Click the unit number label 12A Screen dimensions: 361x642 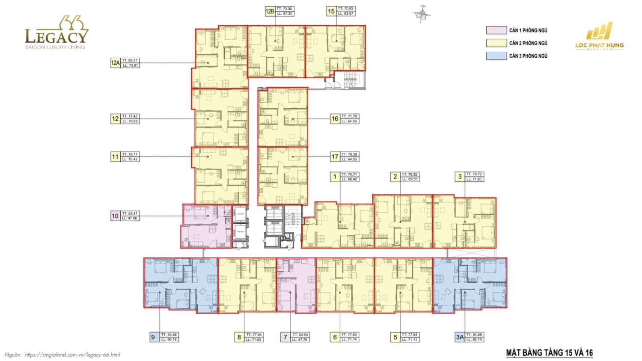click(x=115, y=63)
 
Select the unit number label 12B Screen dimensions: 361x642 click(x=270, y=12)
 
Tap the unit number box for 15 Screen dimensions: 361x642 click(x=331, y=12)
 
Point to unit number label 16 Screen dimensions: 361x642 click(x=335, y=119)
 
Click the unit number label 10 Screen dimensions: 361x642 click(x=115, y=216)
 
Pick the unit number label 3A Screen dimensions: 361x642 click(x=460, y=337)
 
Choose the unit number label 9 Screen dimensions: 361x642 click(x=153, y=337)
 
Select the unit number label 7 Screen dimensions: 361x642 click(x=285, y=337)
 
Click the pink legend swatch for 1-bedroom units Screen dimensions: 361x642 click(x=496, y=30)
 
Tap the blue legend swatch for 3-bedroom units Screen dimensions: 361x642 click(x=496, y=56)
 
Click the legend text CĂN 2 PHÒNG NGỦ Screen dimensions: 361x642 click(x=528, y=43)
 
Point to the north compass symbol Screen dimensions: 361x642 click(x=422, y=14)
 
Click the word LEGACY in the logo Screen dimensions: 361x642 click(x=56, y=36)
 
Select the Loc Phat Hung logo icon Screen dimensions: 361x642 click(x=599, y=32)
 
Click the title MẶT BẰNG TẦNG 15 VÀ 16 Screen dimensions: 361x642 click(x=549, y=353)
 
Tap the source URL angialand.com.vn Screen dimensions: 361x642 click(x=72, y=355)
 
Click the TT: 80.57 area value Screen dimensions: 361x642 click(x=130, y=61)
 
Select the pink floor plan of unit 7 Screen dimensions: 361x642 click(x=296, y=285)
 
